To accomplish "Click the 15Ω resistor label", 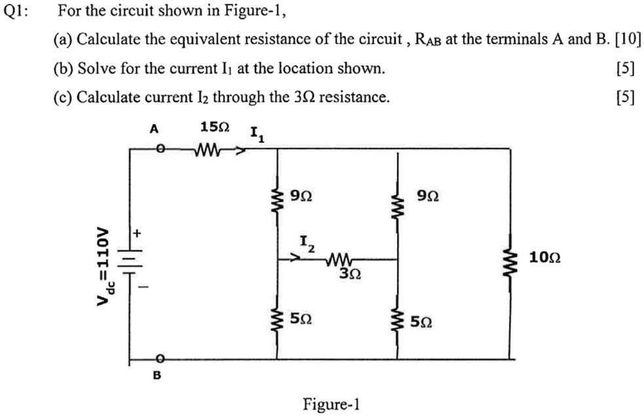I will coord(215,128).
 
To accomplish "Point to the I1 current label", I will coord(257,136).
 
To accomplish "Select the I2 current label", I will coord(307,245).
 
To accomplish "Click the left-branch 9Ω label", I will coord(300,195).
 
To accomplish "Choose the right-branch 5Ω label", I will coord(421,322).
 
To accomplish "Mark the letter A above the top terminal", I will coord(154,129).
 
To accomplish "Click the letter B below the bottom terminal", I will coord(157,376).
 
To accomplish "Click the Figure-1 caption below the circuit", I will coord(331,404).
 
